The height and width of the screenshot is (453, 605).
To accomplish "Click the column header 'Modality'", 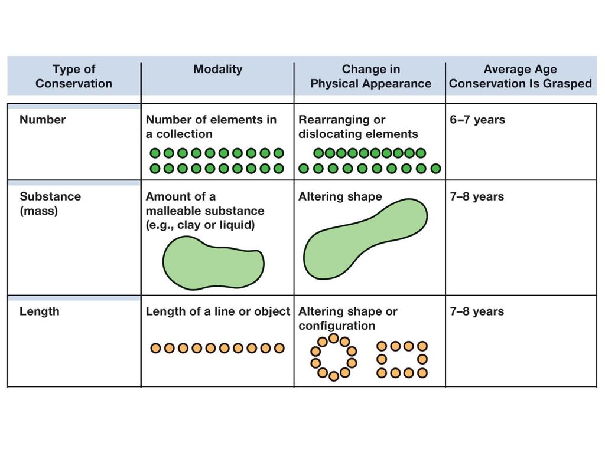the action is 217,70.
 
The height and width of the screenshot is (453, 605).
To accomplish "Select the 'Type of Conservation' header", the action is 74,76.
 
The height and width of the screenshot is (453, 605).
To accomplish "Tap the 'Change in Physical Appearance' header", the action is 371,76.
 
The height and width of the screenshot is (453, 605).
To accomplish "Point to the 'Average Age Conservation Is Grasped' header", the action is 520,76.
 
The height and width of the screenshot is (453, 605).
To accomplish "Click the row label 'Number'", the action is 43,120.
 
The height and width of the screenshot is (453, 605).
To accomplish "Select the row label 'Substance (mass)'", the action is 50,203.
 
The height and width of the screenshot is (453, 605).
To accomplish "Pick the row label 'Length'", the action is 40,311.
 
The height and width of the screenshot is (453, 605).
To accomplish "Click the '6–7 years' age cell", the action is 477,120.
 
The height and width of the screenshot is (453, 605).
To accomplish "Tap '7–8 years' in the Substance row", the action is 477,197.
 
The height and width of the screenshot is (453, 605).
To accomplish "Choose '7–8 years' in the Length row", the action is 477,311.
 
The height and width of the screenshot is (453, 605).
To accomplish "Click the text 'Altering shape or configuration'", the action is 347,319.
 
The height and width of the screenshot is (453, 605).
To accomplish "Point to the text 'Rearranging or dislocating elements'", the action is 358,127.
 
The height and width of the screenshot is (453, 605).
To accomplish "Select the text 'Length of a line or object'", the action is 217,311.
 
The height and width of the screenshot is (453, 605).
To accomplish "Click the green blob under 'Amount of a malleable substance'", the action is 213,264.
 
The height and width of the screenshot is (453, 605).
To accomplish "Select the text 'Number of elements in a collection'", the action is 211,127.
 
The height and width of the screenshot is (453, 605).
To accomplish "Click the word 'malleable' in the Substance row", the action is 172,211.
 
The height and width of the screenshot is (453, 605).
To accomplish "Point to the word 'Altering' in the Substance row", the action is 319,197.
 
